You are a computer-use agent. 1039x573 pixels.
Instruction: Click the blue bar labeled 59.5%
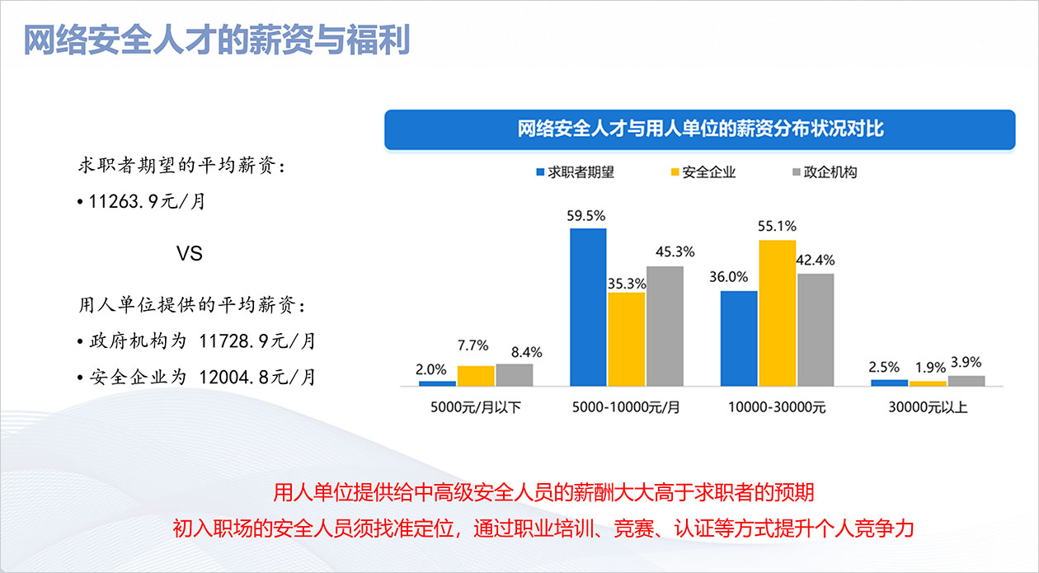588,308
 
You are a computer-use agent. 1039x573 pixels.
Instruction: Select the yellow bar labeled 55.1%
778,313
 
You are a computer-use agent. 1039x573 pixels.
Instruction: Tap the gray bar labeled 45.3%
665,326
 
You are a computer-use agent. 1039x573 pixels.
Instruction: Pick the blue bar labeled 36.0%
739,338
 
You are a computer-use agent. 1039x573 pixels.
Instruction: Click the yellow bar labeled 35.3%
627,339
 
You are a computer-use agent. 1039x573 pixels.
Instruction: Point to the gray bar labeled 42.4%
816,330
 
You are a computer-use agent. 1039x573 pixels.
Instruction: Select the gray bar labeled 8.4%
514,375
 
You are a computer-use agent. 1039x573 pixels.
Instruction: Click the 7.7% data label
476,345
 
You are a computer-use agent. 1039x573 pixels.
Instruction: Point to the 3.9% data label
966,363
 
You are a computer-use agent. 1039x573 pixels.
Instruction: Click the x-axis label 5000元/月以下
476,407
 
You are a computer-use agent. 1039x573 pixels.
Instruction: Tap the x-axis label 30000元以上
928,407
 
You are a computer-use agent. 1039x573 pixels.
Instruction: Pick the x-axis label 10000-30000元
777,407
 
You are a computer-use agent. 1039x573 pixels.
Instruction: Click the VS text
190,253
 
